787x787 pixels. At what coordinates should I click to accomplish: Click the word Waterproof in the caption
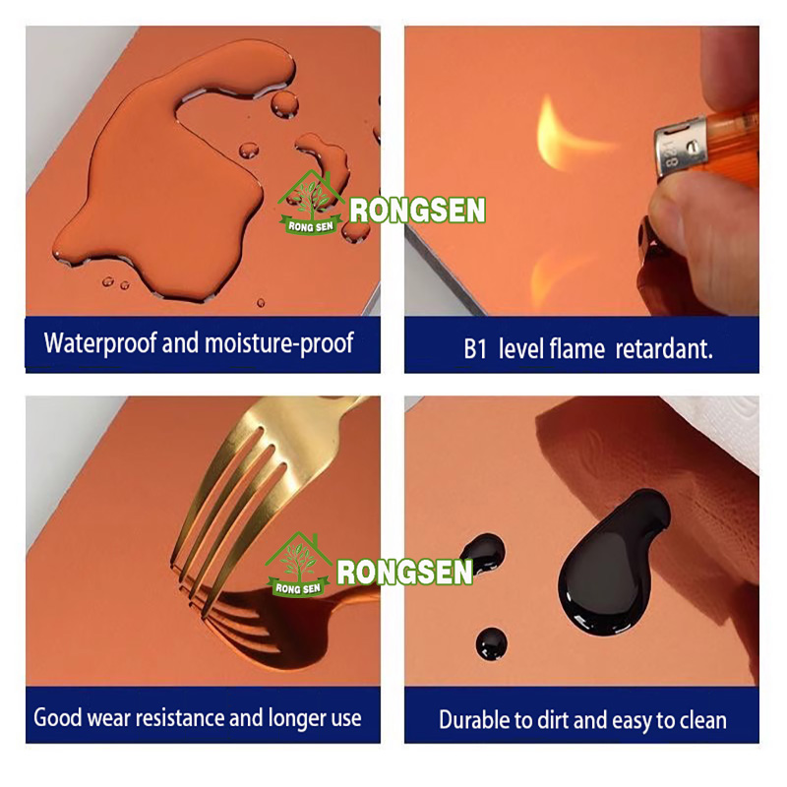(100, 343)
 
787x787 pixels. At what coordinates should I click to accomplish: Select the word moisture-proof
(278, 343)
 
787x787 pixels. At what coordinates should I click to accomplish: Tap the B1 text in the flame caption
(475, 349)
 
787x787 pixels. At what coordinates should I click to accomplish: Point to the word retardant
(664, 349)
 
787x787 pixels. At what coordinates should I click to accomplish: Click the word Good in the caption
(58, 717)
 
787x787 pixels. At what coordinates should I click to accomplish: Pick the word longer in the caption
(297, 718)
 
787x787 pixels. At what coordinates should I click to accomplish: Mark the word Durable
(468, 720)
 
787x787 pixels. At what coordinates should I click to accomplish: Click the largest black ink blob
(612, 562)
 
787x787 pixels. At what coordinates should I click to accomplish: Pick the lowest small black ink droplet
(491, 643)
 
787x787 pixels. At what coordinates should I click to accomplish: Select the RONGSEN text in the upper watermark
(417, 210)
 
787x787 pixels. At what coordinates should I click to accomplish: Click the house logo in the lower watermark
(299, 565)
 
